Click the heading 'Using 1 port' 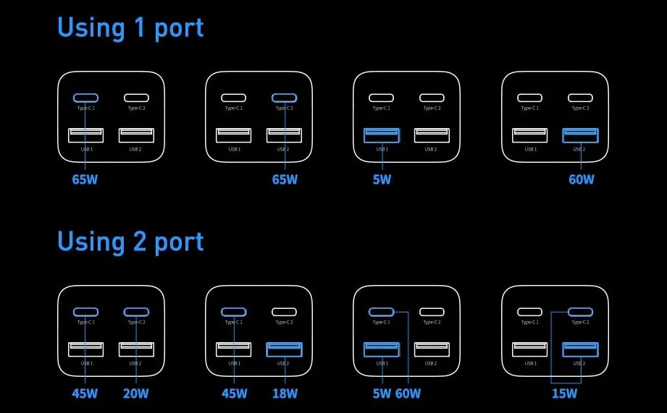[x=130, y=28]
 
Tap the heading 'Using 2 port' [x=130, y=242]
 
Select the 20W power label [x=135, y=393]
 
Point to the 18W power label [x=285, y=393]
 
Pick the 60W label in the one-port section [x=581, y=179]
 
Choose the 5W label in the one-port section [x=382, y=179]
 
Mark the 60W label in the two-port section [x=408, y=393]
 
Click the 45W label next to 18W [x=235, y=393]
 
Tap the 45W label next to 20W [x=85, y=393]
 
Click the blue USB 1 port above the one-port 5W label [x=382, y=135]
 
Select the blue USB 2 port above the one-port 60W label [x=580, y=135]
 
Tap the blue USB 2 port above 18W [x=285, y=349]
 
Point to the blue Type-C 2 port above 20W [x=136, y=312]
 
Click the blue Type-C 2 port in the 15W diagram [x=580, y=312]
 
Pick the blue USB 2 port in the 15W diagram [x=580, y=349]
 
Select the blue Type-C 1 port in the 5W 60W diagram [x=382, y=312]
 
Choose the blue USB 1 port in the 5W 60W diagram [x=382, y=349]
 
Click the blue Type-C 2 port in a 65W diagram [x=285, y=98]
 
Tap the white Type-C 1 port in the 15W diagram [x=530, y=312]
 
